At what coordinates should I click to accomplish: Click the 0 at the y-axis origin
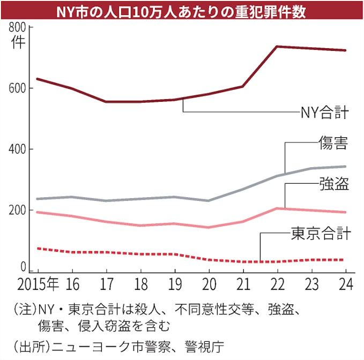[23, 267]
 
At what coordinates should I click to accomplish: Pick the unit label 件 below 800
[18, 43]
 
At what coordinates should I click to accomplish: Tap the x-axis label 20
[209, 284]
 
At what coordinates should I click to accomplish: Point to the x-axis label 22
[277, 284]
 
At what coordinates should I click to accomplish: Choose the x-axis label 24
[345, 284]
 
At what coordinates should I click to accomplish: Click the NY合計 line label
[324, 112]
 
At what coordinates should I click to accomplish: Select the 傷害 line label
[333, 143]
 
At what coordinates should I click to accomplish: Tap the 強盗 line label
[333, 185]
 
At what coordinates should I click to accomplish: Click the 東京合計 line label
[321, 234]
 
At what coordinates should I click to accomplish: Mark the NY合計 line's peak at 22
[277, 47]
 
